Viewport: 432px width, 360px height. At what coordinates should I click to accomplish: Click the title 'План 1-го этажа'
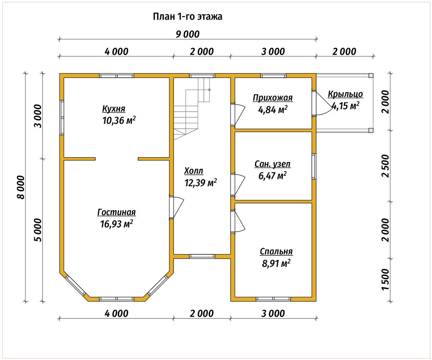tap(187, 17)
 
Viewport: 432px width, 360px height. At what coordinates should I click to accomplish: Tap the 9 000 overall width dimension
tap(188, 34)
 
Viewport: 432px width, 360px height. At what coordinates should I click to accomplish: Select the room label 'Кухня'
tap(114, 109)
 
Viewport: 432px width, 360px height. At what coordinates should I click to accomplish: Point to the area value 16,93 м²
tap(116, 224)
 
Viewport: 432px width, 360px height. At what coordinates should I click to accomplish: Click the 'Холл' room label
tap(194, 171)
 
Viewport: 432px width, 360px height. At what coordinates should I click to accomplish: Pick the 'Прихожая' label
tap(273, 98)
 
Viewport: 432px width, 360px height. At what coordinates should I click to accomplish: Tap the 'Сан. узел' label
tap(272, 164)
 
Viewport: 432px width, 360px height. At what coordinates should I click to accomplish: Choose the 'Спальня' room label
tap(276, 252)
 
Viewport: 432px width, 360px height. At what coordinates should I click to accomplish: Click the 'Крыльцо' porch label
tap(345, 94)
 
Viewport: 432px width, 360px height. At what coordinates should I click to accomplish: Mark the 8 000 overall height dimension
tap(21, 187)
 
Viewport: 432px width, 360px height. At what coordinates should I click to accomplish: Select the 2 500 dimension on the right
tap(385, 166)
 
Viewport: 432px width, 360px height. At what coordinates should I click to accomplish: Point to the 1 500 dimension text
tap(385, 279)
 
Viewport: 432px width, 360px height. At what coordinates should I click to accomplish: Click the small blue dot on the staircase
tap(209, 90)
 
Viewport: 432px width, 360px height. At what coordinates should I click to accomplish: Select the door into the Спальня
tap(238, 222)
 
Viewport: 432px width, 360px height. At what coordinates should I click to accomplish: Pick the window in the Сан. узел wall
tap(314, 166)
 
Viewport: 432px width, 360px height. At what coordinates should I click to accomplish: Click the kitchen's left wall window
tap(62, 117)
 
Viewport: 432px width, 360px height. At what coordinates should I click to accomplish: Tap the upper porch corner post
tap(371, 75)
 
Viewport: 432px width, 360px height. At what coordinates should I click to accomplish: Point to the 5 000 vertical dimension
tap(38, 230)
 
